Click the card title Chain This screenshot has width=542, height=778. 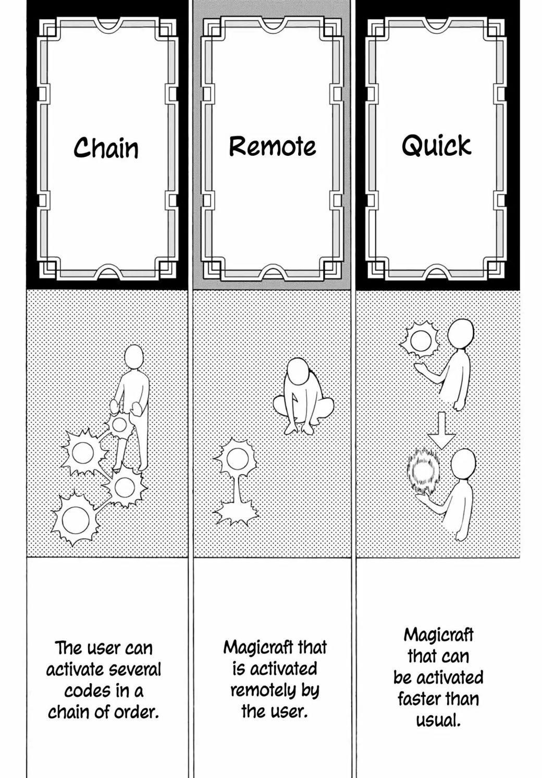(x=106, y=147)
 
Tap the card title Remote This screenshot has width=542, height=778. (x=273, y=146)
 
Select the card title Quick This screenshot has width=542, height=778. (x=437, y=145)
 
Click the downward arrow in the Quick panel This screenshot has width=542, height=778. (x=441, y=430)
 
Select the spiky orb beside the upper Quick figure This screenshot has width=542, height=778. (x=420, y=341)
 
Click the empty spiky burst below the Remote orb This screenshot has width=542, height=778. (x=236, y=513)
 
